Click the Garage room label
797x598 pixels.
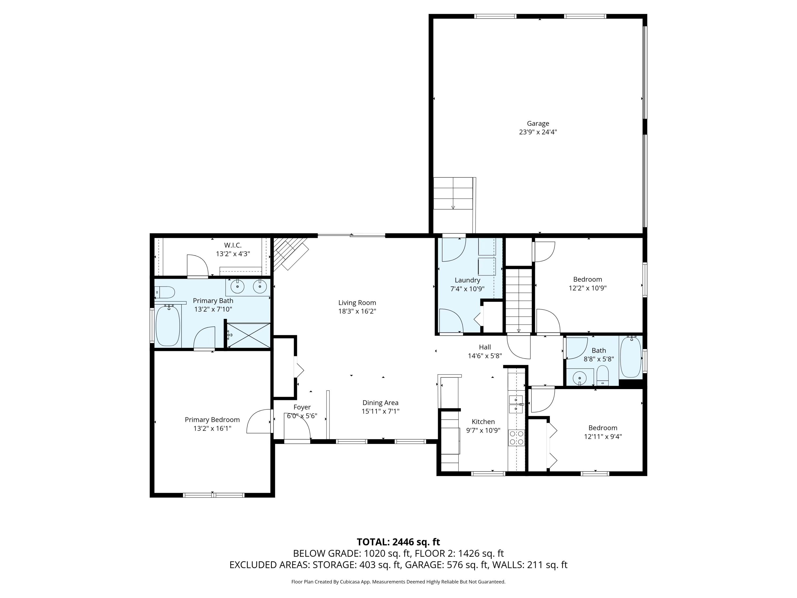[538, 123]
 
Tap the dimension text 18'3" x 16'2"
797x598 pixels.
[357, 311]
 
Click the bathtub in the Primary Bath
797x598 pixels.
[168, 326]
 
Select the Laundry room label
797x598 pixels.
[467, 280]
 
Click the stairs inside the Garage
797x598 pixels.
[453, 193]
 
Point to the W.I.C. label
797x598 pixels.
[233, 245]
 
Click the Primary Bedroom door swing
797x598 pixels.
[258, 421]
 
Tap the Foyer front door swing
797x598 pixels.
[297, 430]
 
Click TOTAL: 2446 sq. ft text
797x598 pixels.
[398, 542]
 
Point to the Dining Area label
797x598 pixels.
[380, 403]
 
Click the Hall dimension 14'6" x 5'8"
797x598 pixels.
[485, 356]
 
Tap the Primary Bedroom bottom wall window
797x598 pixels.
[214, 495]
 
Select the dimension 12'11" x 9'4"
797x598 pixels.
[603, 436]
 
